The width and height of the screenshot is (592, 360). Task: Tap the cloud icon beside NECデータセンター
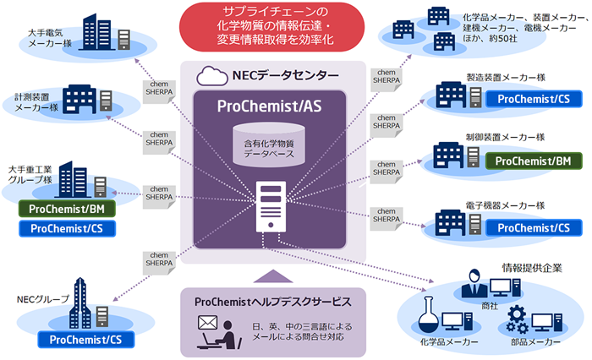(209, 75)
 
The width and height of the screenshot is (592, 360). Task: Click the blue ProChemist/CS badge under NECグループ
(82, 339)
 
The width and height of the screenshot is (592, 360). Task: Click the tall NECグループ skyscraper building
(81, 300)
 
